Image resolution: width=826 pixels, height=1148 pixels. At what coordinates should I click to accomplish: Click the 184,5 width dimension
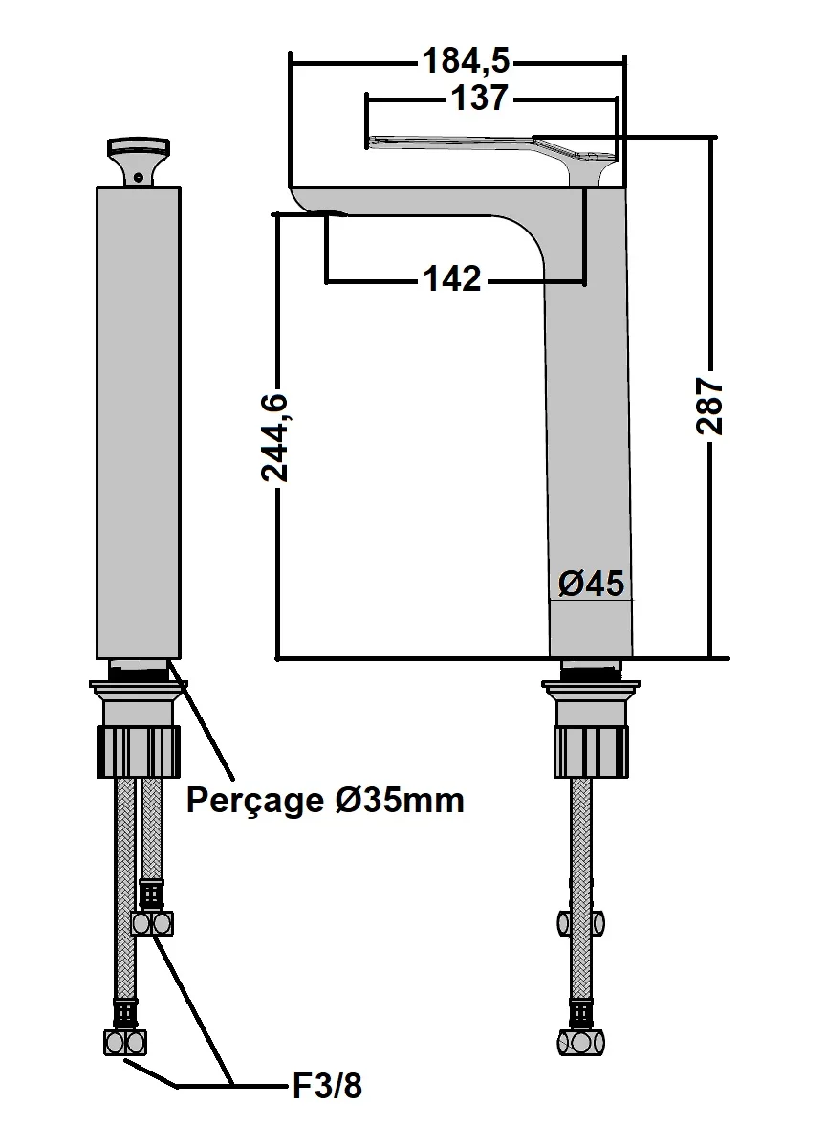pos(467,62)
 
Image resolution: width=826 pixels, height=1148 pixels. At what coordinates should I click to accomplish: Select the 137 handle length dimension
pos(482,99)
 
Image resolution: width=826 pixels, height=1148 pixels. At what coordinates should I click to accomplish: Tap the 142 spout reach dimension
pos(452,279)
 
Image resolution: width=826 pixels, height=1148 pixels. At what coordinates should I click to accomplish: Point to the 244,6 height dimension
pos(275,437)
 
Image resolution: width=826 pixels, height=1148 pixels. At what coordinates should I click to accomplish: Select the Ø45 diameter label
pos(591,583)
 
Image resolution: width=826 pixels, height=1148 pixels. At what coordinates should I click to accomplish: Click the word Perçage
pos(255,800)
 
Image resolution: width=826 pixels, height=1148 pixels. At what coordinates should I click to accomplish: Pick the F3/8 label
pos(326,1087)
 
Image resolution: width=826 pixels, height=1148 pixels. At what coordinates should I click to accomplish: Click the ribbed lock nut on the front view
pos(139,751)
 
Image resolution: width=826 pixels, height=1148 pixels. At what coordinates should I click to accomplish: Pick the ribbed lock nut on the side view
pos(591,751)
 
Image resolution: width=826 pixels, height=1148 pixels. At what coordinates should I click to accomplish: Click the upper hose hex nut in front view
pos(153,923)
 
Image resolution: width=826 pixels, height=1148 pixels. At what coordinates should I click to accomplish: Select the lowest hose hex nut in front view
pos(125,1042)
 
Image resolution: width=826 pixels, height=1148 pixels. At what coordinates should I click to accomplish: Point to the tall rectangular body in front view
pos(139,421)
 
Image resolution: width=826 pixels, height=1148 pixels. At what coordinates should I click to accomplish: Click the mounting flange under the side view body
pos(591,686)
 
